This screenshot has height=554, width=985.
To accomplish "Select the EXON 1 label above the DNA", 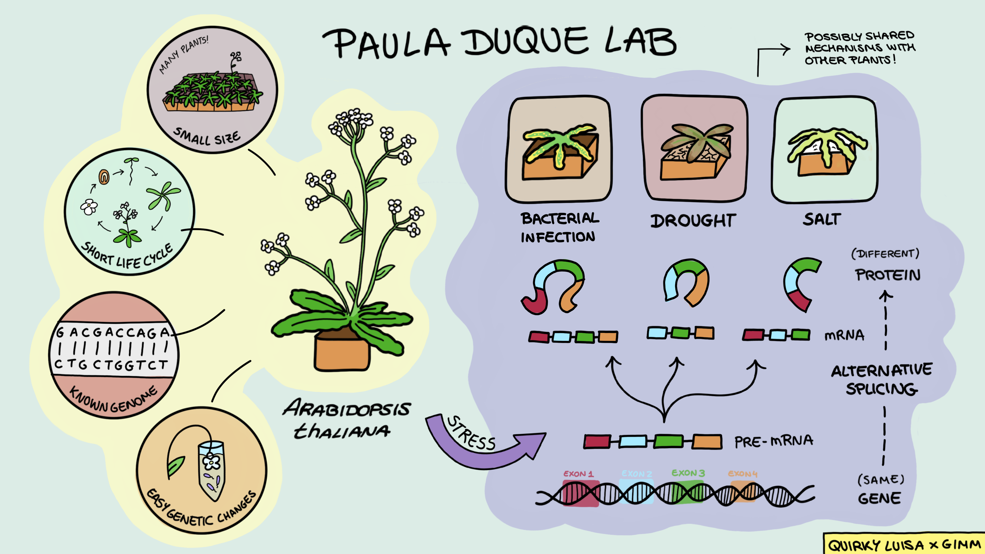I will point(578,474).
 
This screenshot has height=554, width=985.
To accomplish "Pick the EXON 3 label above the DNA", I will point(688,473).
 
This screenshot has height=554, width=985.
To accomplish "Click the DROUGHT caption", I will point(693,221).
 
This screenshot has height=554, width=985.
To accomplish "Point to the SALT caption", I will point(821,219).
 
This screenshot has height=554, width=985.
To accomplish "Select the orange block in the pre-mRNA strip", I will point(707,441).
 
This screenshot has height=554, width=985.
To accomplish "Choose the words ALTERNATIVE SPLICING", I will point(881,379).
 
